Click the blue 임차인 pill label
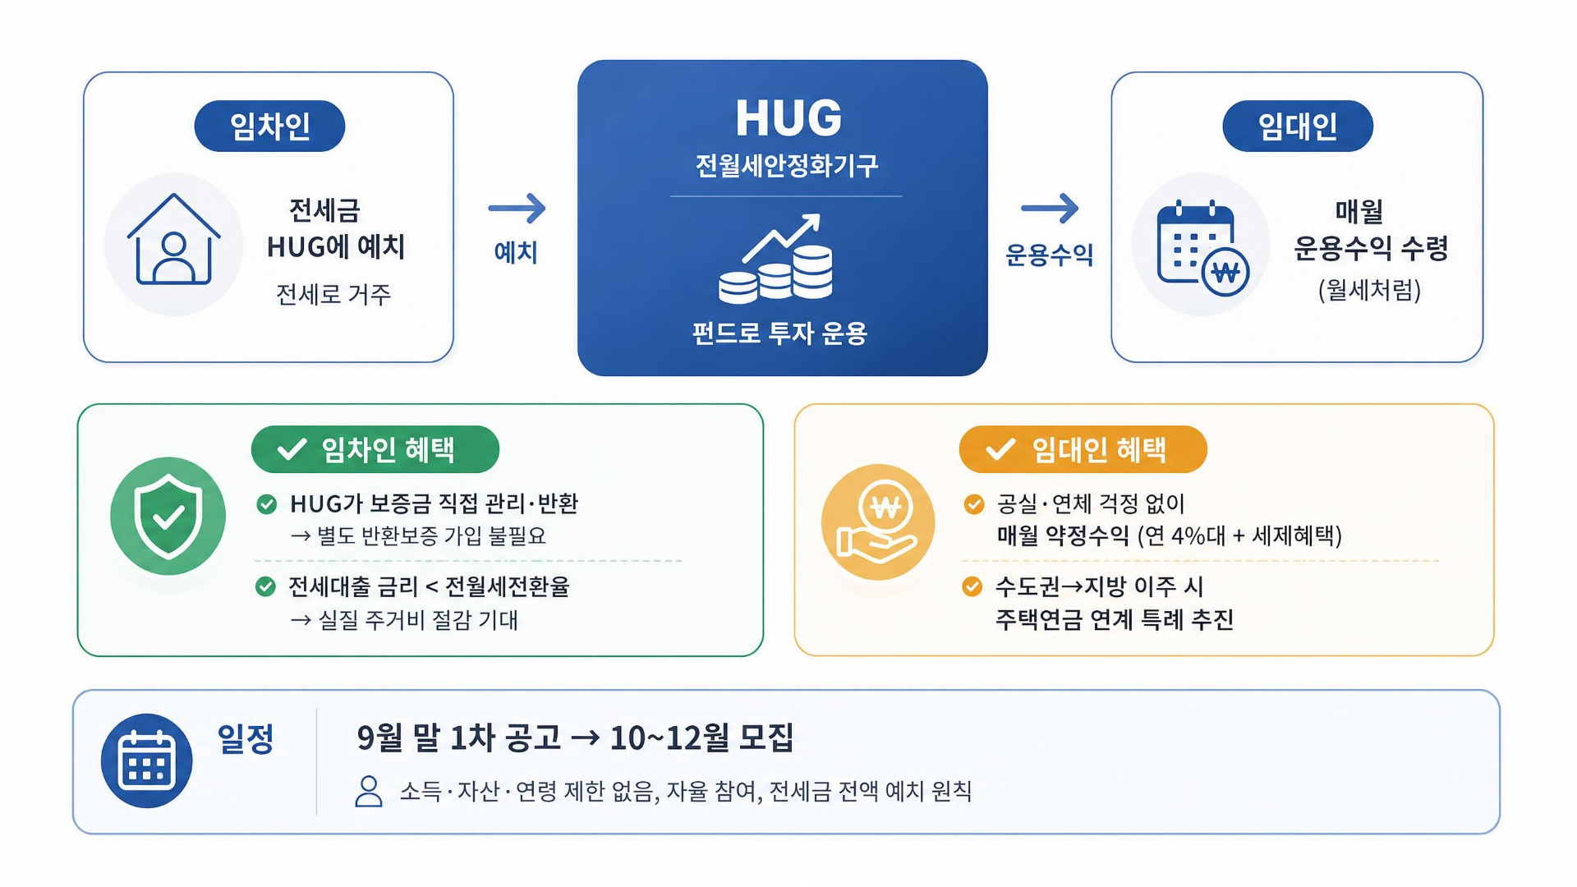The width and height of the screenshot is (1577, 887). click(269, 126)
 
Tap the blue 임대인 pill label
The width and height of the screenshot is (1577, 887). click(1298, 126)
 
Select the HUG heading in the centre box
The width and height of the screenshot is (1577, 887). click(788, 117)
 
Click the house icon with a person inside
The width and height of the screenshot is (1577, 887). click(174, 240)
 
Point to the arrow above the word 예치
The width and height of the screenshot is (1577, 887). click(517, 208)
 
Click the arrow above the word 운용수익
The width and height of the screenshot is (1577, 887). click(1050, 208)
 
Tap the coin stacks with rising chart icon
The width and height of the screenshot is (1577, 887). click(776, 257)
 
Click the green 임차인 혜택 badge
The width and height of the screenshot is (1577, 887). click(375, 449)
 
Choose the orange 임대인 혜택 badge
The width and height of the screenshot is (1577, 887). click(1083, 449)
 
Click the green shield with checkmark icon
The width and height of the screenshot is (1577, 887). click(168, 516)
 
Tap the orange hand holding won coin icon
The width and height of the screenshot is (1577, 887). click(878, 522)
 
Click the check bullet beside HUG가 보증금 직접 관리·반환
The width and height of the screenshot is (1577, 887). click(267, 504)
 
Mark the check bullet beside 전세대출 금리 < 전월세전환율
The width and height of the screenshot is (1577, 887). click(265, 586)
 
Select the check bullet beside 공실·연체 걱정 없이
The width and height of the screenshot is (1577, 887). click(974, 504)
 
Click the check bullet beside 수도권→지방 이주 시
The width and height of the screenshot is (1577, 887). click(972, 586)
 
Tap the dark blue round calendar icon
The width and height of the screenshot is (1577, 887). click(147, 761)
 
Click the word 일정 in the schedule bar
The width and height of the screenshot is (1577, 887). click(246, 738)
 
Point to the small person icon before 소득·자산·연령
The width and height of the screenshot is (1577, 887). click(369, 792)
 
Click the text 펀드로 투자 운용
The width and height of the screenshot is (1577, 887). click(779, 333)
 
